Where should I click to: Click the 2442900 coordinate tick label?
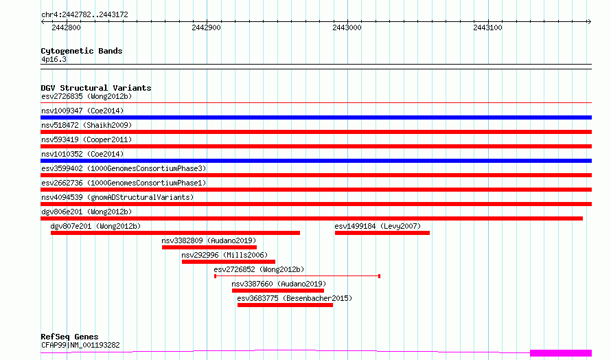[206, 27]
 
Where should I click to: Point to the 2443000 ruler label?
[347, 27]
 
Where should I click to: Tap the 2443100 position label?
[487, 27]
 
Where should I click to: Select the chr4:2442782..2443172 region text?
[84, 15]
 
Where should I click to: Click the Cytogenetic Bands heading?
[82, 51]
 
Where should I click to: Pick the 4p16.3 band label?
[54, 59]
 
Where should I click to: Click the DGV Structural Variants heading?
[96, 88]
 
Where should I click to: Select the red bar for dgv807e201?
[175, 233]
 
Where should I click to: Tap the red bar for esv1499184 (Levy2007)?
[382, 233]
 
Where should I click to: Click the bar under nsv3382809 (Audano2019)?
[209, 247]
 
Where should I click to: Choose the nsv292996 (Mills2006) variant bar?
[229, 262]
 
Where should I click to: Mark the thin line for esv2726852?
[297, 276]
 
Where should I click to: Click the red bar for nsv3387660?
[278, 291]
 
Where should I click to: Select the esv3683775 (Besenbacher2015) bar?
[285, 305]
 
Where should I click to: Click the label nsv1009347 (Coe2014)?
[82, 111]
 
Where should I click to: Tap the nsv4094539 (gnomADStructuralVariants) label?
[117, 197]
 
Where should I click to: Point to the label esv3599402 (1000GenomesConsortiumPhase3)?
[124, 168]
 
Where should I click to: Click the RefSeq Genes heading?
[69, 337]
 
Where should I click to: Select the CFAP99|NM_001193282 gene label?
[80, 345]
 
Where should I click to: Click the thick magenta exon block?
[561, 353]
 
